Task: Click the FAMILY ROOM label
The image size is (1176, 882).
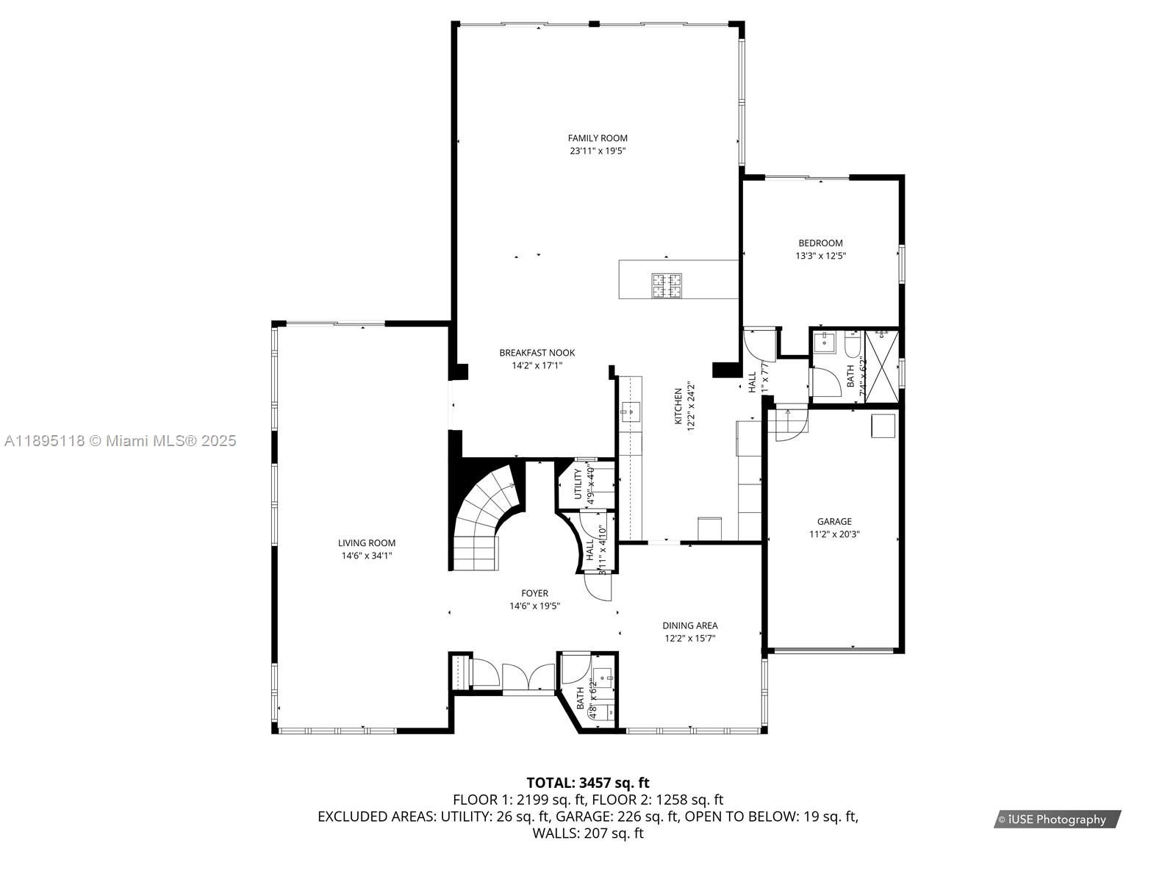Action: (598, 138)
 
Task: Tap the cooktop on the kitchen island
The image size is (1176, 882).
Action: (666, 285)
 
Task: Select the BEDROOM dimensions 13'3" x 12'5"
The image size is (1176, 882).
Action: (820, 257)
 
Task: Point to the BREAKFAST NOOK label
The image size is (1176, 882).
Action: (537, 353)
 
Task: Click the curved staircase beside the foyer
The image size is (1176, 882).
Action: (485, 514)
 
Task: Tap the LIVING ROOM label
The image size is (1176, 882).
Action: (366, 543)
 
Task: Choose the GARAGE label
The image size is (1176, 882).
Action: (834, 522)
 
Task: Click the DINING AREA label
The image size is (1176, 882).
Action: (689, 625)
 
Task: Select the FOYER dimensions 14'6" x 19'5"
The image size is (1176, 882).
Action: (534, 606)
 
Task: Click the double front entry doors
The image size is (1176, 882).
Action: (528, 677)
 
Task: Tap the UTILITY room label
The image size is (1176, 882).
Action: (578, 484)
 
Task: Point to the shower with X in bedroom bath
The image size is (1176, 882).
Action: (882, 366)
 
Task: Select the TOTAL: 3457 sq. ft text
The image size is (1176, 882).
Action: (587, 783)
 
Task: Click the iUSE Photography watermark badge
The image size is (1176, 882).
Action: (1056, 820)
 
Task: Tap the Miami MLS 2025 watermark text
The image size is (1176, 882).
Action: (121, 441)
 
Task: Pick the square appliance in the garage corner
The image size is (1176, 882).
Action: (883, 426)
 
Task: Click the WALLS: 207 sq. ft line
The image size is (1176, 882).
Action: (587, 833)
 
